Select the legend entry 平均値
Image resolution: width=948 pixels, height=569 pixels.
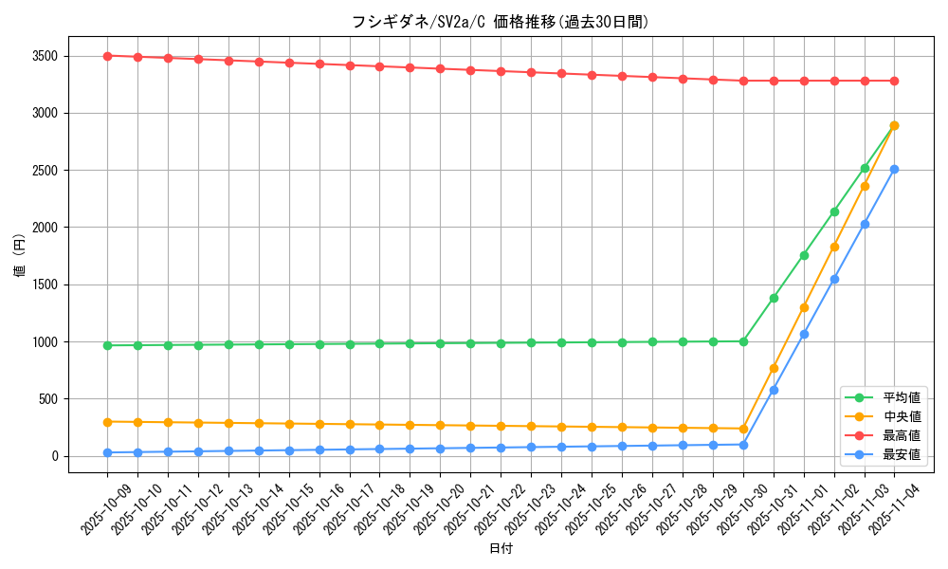pos(902,397)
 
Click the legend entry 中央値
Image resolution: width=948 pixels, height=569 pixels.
pos(902,416)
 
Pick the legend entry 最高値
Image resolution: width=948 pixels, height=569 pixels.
pos(902,435)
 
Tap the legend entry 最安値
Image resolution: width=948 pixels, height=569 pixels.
pos(902,454)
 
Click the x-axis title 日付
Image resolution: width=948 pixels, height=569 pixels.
pos(501,549)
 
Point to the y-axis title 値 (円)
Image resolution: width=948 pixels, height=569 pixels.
pos(20,256)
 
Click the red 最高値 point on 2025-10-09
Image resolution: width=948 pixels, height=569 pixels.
pos(107,56)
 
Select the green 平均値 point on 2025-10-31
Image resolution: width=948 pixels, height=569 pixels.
pos(774,298)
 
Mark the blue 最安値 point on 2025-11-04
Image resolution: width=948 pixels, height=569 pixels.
pos(894,169)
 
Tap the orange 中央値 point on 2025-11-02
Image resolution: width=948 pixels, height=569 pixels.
pos(834,247)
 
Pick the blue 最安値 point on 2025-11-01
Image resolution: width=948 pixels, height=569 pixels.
pos(804,334)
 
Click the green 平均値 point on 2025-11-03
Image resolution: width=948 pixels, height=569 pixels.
pos(865,168)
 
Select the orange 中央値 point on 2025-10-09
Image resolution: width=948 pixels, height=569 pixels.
pos(107,422)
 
